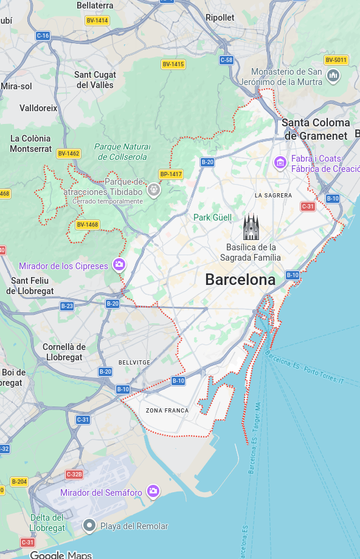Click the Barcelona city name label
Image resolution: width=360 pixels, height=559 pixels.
(x=240, y=279)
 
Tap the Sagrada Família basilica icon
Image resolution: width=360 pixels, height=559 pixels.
(x=251, y=227)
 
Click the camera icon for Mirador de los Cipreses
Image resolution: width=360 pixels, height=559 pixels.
(x=119, y=265)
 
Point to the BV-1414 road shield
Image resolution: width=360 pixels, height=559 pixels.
(x=97, y=21)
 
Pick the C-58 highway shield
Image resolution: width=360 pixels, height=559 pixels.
(x=226, y=60)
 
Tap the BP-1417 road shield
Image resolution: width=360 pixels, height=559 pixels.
(x=171, y=174)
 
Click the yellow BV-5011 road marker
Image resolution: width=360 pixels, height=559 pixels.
(x=336, y=60)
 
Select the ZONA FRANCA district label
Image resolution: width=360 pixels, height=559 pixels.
(x=167, y=411)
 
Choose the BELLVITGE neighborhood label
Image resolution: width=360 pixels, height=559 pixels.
(x=134, y=362)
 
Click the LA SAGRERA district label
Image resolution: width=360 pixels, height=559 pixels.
(x=273, y=196)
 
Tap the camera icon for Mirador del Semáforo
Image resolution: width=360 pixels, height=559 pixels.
(x=153, y=491)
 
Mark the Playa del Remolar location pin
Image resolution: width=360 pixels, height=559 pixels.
(x=89, y=525)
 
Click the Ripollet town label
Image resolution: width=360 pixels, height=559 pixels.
(x=220, y=18)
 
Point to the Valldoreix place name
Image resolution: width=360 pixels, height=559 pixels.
(x=38, y=108)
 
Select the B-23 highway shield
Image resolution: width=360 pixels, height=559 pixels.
(x=67, y=306)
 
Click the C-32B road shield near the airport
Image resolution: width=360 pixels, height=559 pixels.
(x=74, y=474)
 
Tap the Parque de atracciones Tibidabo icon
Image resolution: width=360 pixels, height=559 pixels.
(x=154, y=190)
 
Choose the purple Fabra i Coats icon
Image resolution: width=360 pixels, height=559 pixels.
(x=280, y=162)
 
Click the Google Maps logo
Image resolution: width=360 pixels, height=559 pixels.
(x=61, y=554)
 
